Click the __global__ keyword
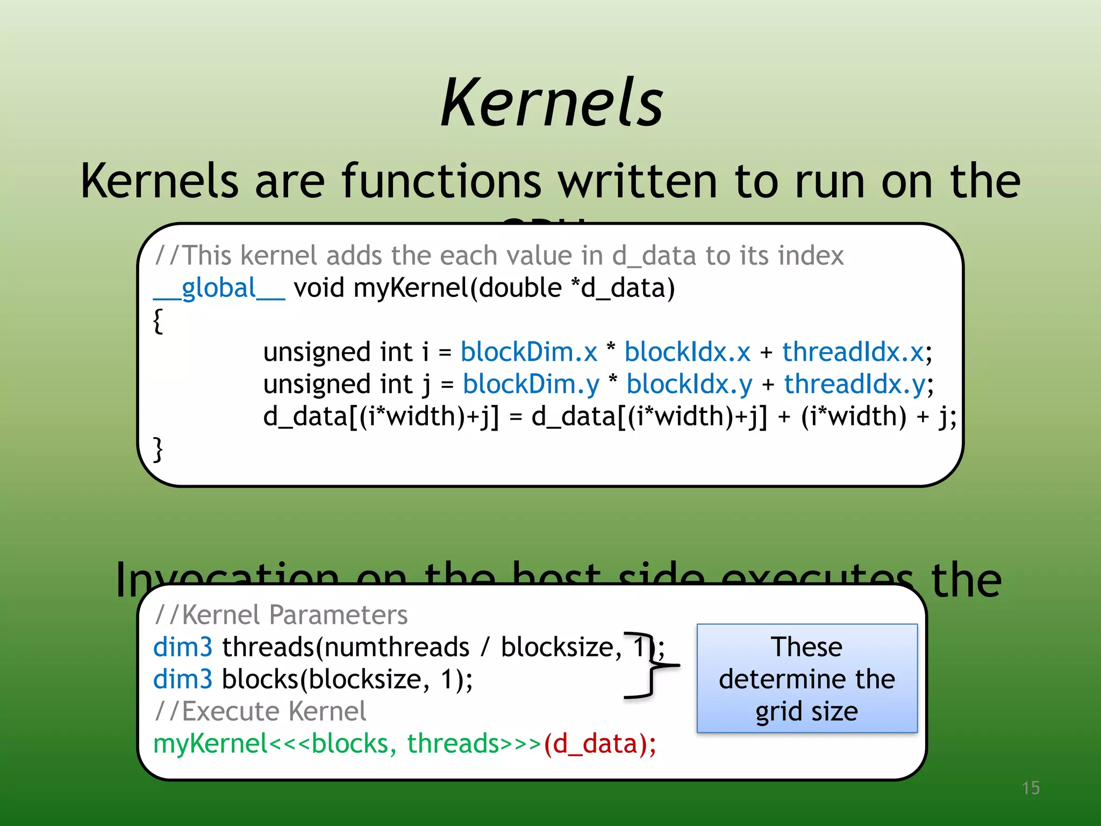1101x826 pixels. [219, 288]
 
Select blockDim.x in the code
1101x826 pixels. [529, 352]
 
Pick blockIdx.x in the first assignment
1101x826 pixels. [687, 352]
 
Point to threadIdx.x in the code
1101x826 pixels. [853, 352]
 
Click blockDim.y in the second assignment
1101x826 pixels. [531, 384]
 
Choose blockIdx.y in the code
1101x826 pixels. [689, 384]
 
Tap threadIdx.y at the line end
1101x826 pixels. [855, 384]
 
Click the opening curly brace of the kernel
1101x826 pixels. [158, 321]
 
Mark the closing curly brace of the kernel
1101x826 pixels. [158, 449]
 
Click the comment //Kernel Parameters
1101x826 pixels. [281, 615]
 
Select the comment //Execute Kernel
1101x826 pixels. [260, 711]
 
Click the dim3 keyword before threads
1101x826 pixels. [183, 647]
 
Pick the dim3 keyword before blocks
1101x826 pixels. [183, 679]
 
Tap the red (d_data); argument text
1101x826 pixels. [600, 744]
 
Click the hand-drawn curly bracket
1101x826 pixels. [652, 666]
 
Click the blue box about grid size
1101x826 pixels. [807, 679]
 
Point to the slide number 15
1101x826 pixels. [1031, 788]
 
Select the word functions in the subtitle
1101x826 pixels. [441, 181]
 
